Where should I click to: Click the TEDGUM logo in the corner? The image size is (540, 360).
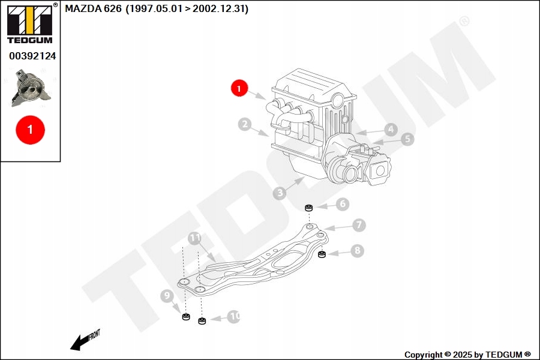tap(31, 23)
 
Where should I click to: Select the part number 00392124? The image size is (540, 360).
tap(32, 56)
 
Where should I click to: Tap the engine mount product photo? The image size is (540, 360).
tap(31, 88)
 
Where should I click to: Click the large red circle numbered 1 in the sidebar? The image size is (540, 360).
tap(31, 130)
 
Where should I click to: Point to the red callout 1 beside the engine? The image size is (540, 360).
tap(239, 88)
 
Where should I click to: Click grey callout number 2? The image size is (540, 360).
tap(245, 124)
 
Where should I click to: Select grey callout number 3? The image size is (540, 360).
tap(280, 193)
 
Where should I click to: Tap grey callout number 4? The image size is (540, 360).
tap(391, 130)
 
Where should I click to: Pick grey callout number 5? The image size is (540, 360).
tap(407, 139)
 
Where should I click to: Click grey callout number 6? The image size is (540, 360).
tap(343, 204)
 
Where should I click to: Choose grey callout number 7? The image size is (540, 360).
tap(359, 225)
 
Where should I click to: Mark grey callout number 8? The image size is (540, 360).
tap(357, 250)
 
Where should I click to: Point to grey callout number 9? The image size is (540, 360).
tap(167, 296)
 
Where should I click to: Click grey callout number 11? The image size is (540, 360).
tap(194, 238)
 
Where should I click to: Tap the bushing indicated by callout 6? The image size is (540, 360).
tap(309, 208)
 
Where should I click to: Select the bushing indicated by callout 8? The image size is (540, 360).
tap(322, 254)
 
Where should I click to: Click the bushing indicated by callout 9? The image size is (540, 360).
tap(186, 316)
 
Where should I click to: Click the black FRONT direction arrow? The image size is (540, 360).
tap(85, 340)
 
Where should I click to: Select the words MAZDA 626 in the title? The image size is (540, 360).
tap(94, 8)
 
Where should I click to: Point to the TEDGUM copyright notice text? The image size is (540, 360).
tap(467, 355)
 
